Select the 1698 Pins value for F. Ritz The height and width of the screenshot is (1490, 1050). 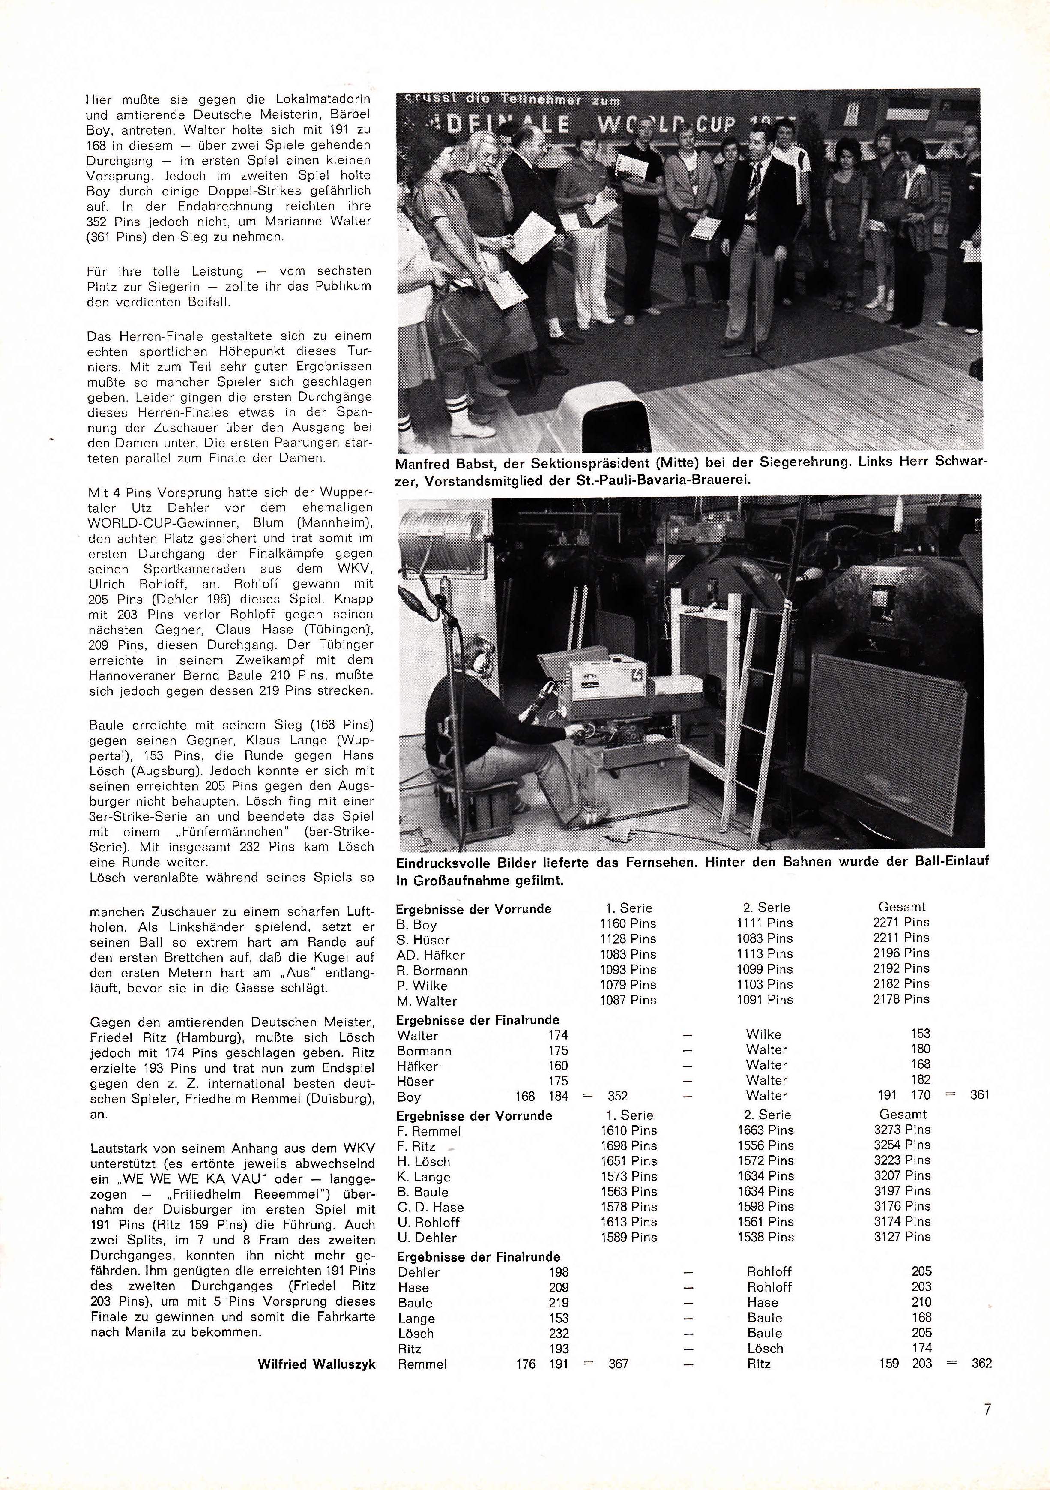[x=628, y=1147]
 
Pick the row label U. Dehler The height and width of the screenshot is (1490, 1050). [x=428, y=1238]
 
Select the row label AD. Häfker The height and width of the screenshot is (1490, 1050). [x=430, y=955]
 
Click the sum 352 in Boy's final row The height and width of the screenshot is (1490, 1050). [x=617, y=1097]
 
